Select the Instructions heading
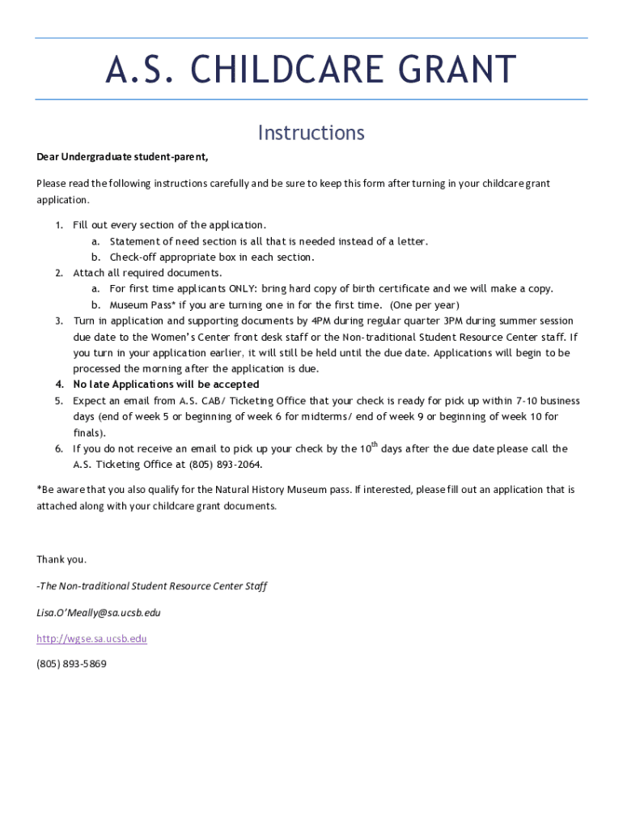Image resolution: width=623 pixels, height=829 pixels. [x=311, y=133]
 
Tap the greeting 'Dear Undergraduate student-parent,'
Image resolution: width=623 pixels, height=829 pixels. [x=122, y=157]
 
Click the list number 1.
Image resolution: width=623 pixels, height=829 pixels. [x=59, y=225]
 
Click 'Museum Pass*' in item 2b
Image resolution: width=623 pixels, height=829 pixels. [x=142, y=305]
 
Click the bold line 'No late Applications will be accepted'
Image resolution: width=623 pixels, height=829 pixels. [x=166, y=385]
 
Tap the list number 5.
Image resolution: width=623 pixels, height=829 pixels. [x=59, y=401]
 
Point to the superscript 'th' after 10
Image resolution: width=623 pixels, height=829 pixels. [x=375, y=444]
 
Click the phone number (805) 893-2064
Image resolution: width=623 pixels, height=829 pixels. [x=225, y=465]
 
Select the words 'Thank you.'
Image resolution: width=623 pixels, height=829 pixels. [x=61, y=559]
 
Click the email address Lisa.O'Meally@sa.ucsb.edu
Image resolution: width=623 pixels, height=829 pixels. [x=99, y=613]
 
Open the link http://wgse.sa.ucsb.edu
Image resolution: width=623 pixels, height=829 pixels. [x=91, y=639]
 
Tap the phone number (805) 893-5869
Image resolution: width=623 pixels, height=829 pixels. [x=71, y=664]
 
